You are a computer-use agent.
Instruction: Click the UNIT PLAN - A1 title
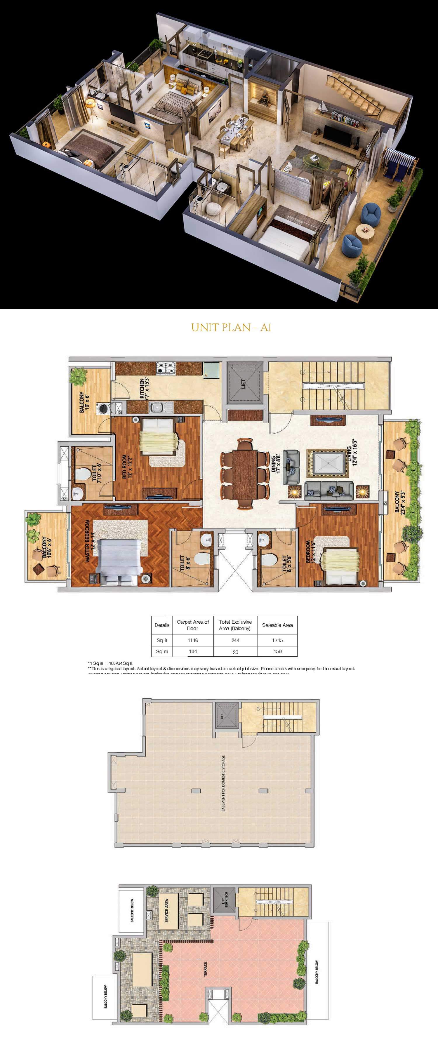[231, 327]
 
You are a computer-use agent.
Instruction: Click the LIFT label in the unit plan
[244, 384]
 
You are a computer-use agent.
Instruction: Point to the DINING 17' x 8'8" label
[275, 463]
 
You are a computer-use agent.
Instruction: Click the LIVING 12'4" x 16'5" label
[351, 452]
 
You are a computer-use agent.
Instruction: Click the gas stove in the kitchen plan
[166, 368]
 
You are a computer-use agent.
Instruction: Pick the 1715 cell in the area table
[277, 640]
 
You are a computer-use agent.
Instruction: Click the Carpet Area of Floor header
[192, 625]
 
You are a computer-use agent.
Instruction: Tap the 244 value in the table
[235, 640]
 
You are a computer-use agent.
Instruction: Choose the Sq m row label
[162, 651]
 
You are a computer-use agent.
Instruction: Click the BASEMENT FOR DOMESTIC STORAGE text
[223, 783]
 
